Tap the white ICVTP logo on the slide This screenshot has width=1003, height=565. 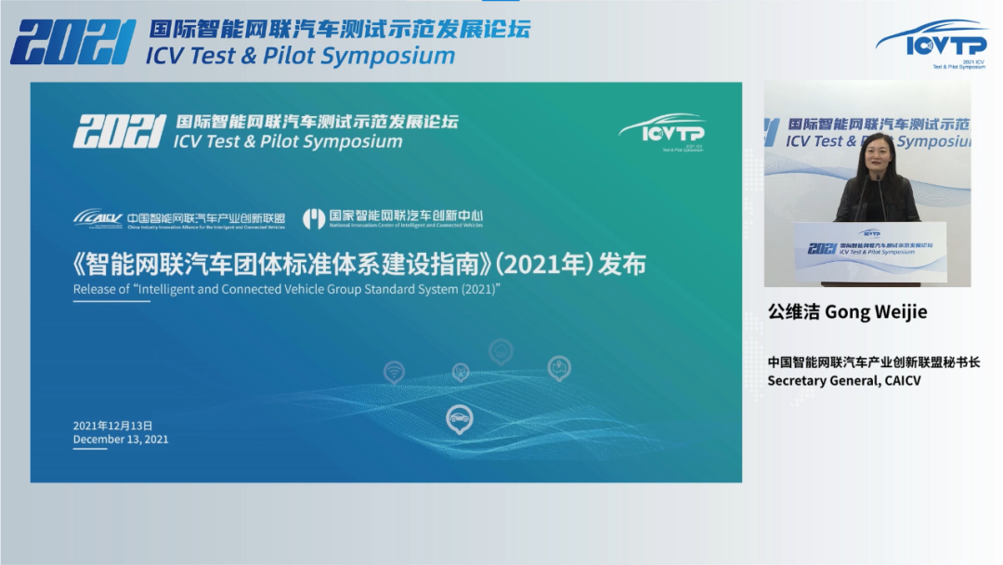tap(661, 131)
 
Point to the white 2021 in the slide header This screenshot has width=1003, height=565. tap(119, 133)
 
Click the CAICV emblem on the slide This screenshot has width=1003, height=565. tap(98, 218)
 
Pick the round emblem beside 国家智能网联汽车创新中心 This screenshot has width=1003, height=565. tap(314, 218)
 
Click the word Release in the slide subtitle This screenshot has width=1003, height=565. tap(94, 289)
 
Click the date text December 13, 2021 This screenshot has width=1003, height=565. tap(121, 440)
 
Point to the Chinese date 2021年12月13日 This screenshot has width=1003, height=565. tap(112, 426)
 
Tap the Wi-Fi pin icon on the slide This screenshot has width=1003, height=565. tap(394, 372)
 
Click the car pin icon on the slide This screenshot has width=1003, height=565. tap(459, 419)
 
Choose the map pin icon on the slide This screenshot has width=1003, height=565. tap(558, 368)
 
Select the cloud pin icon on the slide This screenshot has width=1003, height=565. tap(501, 350)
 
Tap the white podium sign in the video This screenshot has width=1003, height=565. tap(870, 249)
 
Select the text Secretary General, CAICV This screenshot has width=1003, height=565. tap(843, 380)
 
